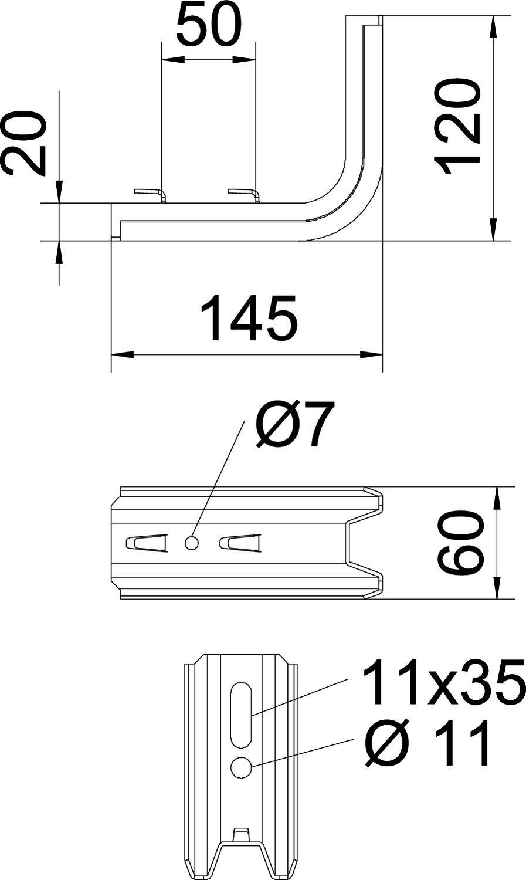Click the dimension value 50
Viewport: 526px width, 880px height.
208,25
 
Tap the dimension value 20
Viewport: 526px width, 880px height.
25,144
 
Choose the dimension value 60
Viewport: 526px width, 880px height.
460,542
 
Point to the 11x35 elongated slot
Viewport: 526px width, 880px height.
241,714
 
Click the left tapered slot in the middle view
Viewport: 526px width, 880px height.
146,543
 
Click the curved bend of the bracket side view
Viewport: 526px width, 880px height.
352,202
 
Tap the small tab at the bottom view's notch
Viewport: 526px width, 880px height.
240,834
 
